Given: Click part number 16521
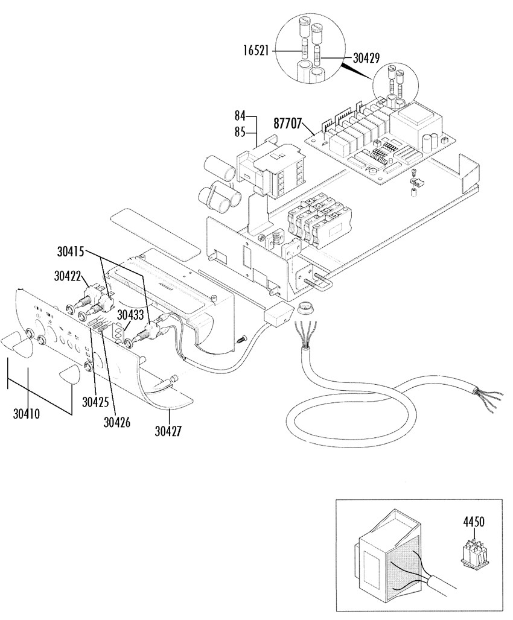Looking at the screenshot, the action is pyautogui.click(x=256, y=52).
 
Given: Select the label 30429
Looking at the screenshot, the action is pyautogui.click(x=366, y=58).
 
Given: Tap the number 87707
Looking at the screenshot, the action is pyautogui.click(x=287, y=123).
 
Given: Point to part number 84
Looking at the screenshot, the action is pyautogui.click(x=240, y=116).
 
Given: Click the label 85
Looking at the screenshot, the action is pyautogui.click(x=240, y=132).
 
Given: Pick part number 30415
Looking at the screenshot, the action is pyautogui.click(x=71, y=251).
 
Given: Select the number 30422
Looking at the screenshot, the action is pyautogui.click(x=68, y=276).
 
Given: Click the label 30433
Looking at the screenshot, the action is pyautogui.click(x=130, y=315).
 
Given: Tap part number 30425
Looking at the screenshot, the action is pyautogui.click(x=95, y=402).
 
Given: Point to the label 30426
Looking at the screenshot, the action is pyautogui.click(x=117, y=422).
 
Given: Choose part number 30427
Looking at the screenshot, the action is pyautogui.click(x=168, y=431).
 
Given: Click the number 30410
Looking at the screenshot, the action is pyautogui.click(x=27, y=414).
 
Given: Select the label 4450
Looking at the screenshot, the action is pyautogui.click(x=473, y=522).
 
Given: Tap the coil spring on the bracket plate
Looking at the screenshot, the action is pyautogui.click(x=275, y=240).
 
